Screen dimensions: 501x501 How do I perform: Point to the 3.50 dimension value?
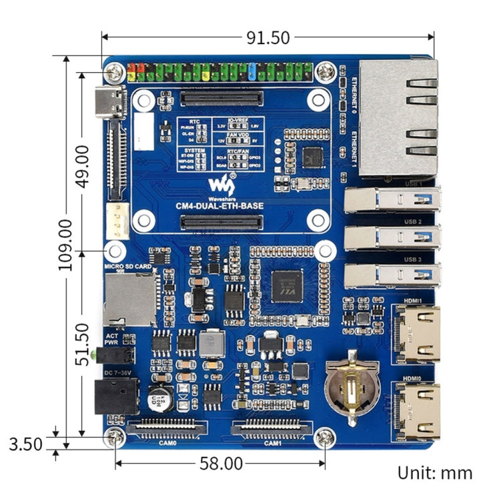pyautogui.click(x=26, y=444)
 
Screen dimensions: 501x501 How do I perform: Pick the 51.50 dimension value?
pyautogui.click(x=83, y=344)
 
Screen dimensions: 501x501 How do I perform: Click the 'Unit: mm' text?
pyautogui.click(x=435, y=473)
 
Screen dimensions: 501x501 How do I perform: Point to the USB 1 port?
pyautogui.click(x=393, y=199)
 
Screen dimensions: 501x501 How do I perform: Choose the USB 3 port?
pyautogui.click(x=393, y=276)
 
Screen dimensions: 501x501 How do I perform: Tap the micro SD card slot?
pyautogui.click(x=129, y=299)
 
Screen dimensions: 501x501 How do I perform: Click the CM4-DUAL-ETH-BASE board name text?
pyautogui.click(x=219, y=205)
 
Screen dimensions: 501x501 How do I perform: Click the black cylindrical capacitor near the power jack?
pyautogui.click(x=161, y=399)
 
